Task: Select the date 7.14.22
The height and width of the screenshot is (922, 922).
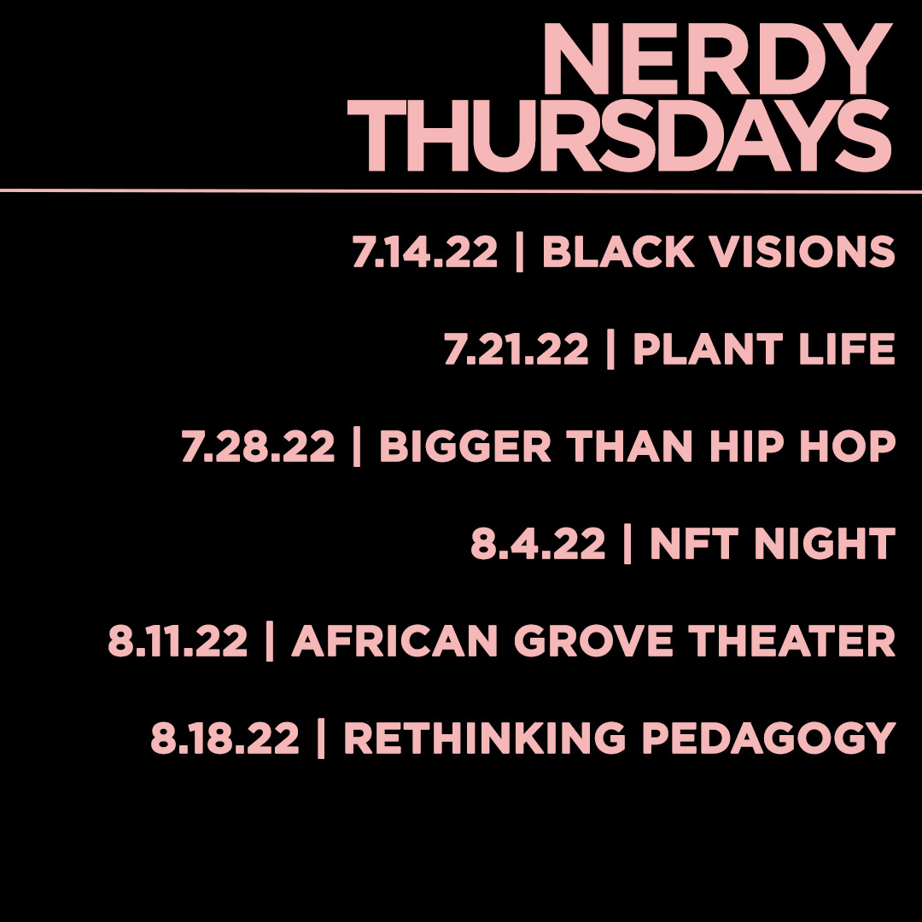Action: pos(424,253)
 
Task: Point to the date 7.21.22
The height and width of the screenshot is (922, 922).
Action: pos(516,350)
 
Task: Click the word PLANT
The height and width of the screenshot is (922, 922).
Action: pos(695,350)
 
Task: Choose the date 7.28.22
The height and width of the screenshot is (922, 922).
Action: pos(258,447)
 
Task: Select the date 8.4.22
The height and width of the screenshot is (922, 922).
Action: pos(538,545)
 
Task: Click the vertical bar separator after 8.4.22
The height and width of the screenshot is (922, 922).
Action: pos(627,545)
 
